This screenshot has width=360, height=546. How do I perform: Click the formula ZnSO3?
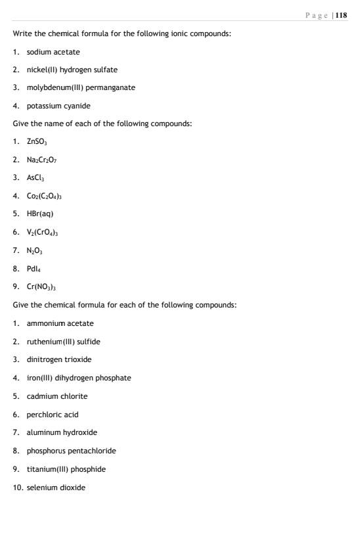(x=37, y=141)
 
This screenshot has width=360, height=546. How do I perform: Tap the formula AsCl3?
(x=35, y=178)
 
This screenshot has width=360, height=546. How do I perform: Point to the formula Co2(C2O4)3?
(x=44, y=196)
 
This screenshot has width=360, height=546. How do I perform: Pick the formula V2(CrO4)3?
(x=43, y=232)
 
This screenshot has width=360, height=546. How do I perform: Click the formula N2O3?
(x=34, y=250)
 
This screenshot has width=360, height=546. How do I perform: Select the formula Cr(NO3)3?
(x=41, y=286)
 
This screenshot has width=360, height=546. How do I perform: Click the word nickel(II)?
(x=42, y=69)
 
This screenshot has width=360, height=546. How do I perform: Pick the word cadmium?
(x=41, y=396)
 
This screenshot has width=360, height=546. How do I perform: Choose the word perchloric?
(x=44, y=415)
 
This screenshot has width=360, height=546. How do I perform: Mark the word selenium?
(x=41, y=488)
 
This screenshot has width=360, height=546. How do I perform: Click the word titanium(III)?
(x=49, y=469)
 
